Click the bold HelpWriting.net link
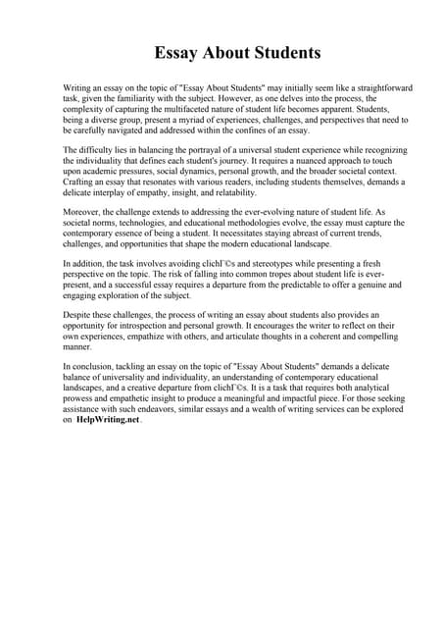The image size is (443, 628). pos(108,419)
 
